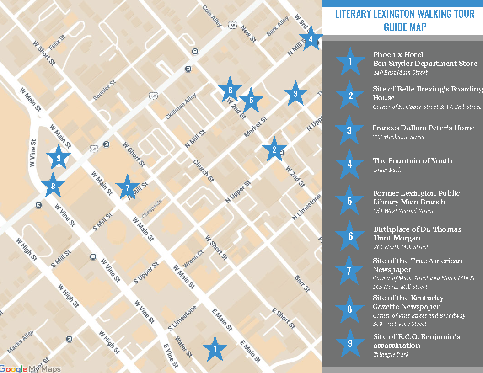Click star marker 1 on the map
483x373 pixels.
[214, 350]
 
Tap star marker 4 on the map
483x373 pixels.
[311, 39]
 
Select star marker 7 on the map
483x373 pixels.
[127, 187]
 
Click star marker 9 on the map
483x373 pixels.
[58, 158]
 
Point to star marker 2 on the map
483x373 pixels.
[274, 149]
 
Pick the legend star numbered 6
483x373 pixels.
[350, 236]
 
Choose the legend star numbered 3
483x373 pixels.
[349, 131]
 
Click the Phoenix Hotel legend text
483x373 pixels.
[398, 55]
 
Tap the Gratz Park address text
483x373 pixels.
[387, 170]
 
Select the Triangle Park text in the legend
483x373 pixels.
[391, 355]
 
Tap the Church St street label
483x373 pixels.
[203, 170]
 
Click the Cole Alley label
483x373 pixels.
[212, 16]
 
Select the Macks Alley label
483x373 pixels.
[20, 343]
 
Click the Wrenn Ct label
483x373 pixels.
[193, 259]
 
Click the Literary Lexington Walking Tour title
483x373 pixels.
[402, 14]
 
